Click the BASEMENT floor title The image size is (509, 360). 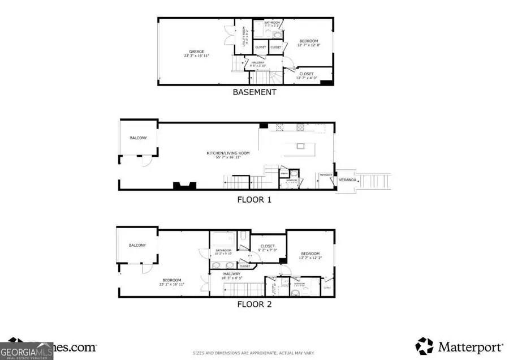(255, 92)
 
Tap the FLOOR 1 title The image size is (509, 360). (255, 199)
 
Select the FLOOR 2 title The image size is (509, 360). (255, 304)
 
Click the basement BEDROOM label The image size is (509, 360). (308, 41)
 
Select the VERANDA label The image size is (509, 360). (347, 180)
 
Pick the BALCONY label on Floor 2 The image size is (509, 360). (137, 245)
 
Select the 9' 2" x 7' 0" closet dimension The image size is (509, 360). (268, 250)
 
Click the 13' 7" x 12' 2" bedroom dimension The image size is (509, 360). (309, 258)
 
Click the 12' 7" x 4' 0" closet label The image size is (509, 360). (307, 76)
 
